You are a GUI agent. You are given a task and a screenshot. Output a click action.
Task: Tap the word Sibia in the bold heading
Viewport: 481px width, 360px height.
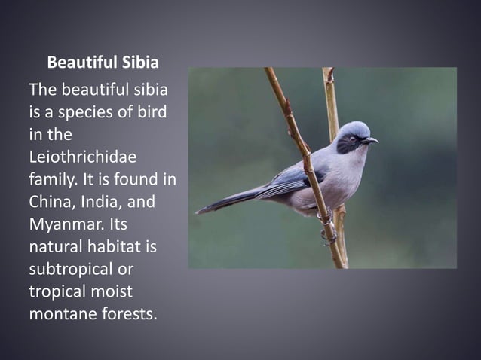pos(139,62)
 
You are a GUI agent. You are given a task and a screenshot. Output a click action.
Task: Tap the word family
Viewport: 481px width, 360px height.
pos(54,179)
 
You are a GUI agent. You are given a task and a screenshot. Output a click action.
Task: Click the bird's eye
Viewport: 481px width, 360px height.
pos(351,139)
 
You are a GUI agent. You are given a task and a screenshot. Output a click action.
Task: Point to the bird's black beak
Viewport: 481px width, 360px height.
pos(369,140)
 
